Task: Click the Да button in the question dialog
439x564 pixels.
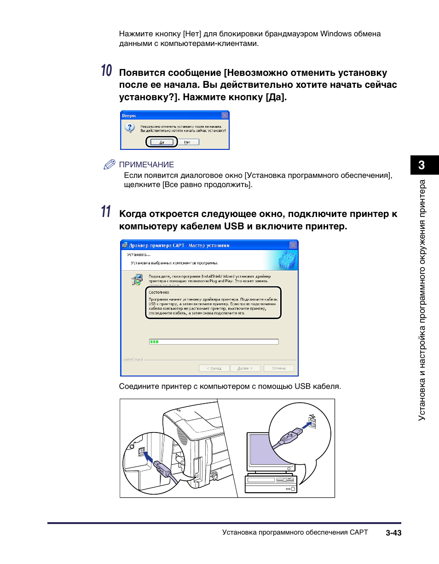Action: tap(162, 142)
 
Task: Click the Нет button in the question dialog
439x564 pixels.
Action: tap(187, 142)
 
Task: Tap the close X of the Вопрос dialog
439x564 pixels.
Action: tap(225, 115)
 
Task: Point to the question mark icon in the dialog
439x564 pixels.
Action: tap(130, 128)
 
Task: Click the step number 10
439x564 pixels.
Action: tap(106, 71)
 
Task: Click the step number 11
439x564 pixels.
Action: tap(106, 212)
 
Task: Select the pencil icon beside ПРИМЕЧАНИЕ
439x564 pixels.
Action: tap(109, 165)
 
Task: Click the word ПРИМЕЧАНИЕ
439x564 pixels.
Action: tap(146, 165)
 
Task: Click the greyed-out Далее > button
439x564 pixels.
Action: tap(243, 368)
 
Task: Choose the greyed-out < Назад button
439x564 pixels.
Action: tap(214, 368)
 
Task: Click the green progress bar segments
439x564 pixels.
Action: tap(154, 342)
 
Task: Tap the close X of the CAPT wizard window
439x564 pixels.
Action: tap(293, 245)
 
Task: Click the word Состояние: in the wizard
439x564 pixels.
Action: tap(159, 292)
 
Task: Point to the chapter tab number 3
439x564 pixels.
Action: tap(422, 165)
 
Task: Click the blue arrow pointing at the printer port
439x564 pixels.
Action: tap(149, 457)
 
